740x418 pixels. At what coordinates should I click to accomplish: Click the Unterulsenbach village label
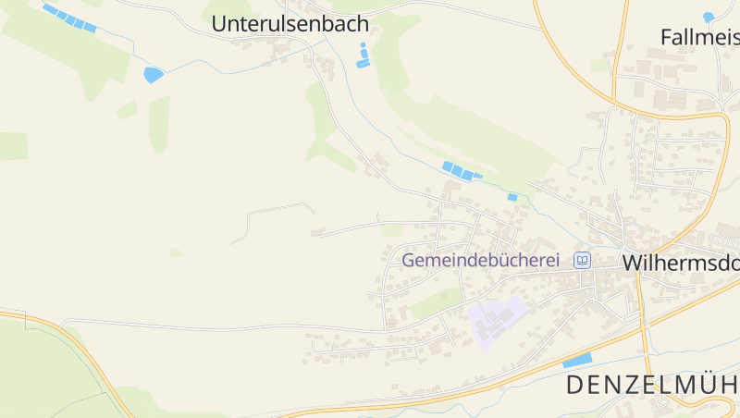click(290, 24)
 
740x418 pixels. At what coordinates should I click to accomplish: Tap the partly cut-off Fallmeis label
click(699, 37)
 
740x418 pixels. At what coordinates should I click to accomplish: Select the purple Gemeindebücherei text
click(480, 261)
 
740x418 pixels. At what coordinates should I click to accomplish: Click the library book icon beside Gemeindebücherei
click(582, 261)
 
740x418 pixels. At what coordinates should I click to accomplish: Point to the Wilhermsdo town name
click(680, 263)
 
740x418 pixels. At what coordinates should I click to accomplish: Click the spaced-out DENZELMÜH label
click(652, 384)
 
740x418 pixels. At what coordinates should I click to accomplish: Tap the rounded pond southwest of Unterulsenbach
click(153, 75)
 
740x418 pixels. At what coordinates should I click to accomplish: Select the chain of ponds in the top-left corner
click(69, 18)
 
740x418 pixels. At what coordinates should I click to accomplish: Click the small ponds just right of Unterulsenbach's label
click(364, 55)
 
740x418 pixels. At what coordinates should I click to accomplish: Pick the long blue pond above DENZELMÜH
click(577, 360)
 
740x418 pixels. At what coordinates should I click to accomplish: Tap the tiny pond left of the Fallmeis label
click(709, 17)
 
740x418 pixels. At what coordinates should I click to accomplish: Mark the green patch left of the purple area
click(437, 302)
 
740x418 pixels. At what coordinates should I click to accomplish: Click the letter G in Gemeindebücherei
click(408, 261)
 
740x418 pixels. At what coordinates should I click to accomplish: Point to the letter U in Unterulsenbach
click(219, 24)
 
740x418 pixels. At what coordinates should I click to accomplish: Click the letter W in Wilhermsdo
click(633, 263)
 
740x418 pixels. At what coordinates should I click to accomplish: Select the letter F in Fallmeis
click(666, 37)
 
